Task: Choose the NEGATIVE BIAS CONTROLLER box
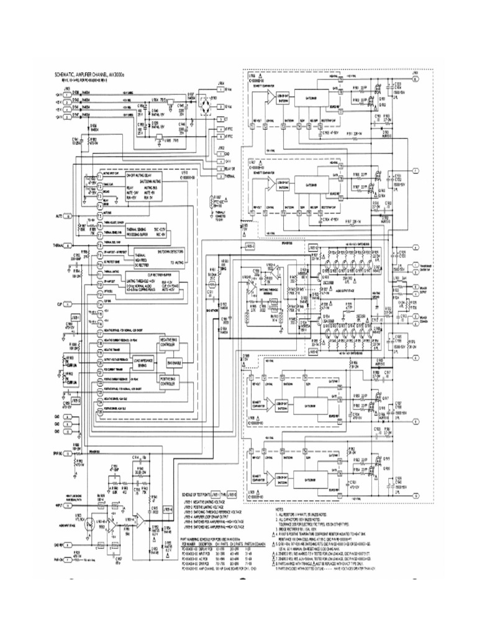pyautogui.click(x=176, y=343)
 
